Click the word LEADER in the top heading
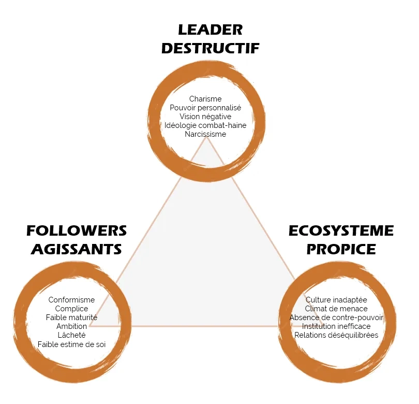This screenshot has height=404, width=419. click(x=211, y=30)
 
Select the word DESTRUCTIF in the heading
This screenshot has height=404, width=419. click(x=211, y=48)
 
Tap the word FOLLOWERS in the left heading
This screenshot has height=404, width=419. click(x=77, y=230)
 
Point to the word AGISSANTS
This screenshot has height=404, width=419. click(x=77, y=249)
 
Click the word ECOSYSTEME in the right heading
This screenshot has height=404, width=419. click(x=341, y=230)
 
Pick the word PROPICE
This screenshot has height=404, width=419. click(x=341, y=249)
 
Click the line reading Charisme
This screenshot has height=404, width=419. click(x=205, y=99)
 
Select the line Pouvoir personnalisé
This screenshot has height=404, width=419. click(x=205, y=108)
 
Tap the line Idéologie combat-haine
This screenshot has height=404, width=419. click(x=205, y=125)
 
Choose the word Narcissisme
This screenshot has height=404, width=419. click(x=205, y=134)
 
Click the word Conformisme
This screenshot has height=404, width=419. click(x=71, y=300)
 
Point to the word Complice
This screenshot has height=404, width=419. click(x=71, y=309)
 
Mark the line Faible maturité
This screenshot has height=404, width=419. click(x=71, y=318)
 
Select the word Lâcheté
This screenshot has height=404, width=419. click(x=71, y=335)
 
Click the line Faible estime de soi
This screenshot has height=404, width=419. click(x=71, y=344)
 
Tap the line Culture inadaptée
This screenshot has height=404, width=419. click(x=336, y=300)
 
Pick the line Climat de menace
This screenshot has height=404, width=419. click(x=336, y=309)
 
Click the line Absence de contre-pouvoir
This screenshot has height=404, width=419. click(x=336, y=318)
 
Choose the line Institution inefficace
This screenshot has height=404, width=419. click(x=336, y=326)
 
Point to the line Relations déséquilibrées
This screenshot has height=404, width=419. click(x=336, y=335)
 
